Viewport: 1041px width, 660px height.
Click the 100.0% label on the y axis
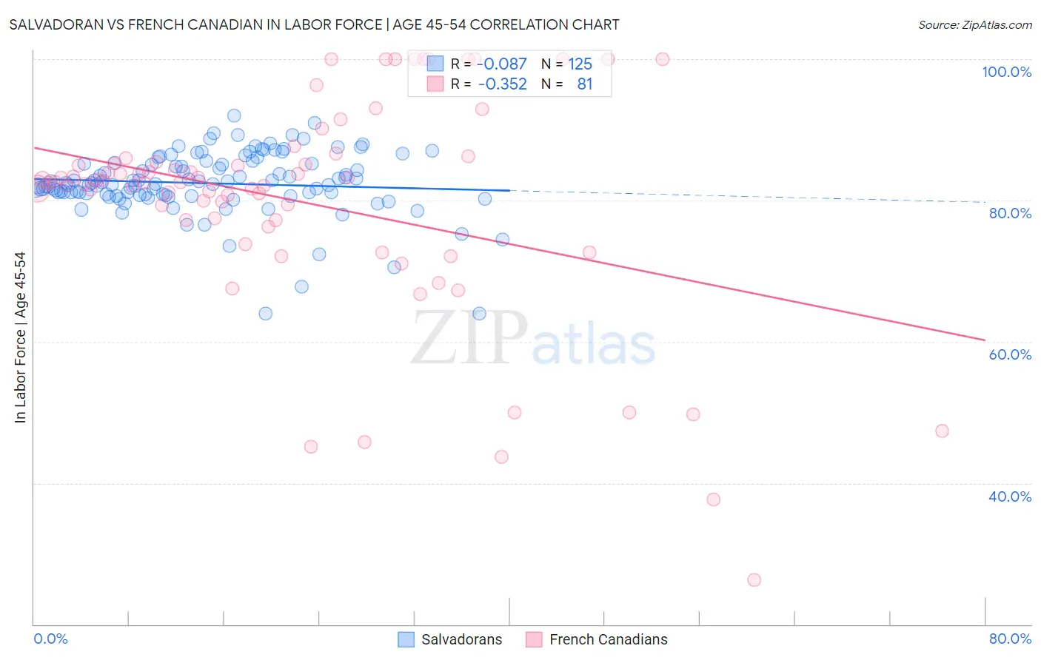click(x=1006, y=72)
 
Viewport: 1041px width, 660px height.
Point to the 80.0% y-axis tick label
click(x=1010, y=213)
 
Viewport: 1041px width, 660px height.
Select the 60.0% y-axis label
click(x=1010, y=354)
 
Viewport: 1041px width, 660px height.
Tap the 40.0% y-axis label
click(x=1010, y=496)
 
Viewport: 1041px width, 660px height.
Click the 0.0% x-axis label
click(x=50, y=639)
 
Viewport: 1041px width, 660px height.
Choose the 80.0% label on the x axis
click(x=1010, y=639)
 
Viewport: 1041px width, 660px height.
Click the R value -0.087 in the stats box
click(x=502, y=64)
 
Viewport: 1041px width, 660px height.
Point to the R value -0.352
click(x=502, y=84)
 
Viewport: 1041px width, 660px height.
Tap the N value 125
click(x=580, y=64)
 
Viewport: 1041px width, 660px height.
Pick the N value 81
click(x=585, y=84)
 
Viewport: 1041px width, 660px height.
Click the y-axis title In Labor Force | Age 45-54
click(x=20, y=337)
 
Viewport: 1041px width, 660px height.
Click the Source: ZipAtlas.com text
click(x=974, y=25)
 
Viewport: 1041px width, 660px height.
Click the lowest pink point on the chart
click(x=754, y=580)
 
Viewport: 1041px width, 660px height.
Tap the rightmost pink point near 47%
click(x=942, y=431)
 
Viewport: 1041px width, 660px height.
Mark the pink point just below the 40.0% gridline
click(x=713, y=499)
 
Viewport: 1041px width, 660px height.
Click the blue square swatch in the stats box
click(x=435, y=64)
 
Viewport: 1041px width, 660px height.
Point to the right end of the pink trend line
click(x=985, y=340)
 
